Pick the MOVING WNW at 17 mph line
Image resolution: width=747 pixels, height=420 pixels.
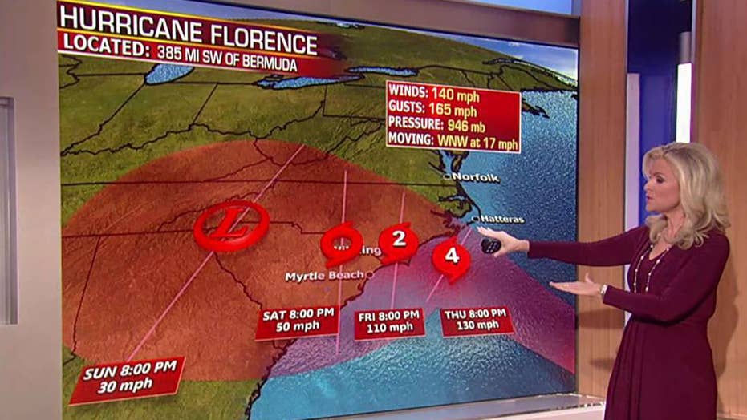(451, 139)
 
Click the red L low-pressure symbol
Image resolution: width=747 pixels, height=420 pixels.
(231, 225)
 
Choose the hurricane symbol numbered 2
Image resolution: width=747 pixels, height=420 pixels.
(398, 240)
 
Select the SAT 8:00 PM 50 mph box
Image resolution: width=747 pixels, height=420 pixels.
(298, 321)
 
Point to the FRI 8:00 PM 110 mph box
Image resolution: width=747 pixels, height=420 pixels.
(389, 322)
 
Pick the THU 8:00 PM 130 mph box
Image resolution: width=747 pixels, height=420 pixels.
(477, 319)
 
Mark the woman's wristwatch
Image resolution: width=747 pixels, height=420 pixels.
(604, 289)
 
